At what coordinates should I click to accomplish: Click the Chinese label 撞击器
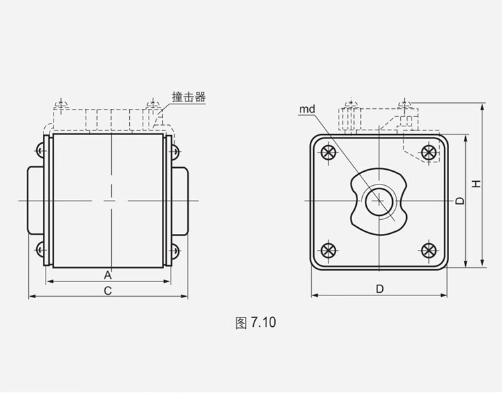pyautogui.click(x=189, y=97)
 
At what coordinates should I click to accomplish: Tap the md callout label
pyautogui.click(x=307, y=110)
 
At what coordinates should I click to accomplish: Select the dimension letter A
pyautogui.click(x=108, y=275)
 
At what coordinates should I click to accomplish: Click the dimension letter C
pyautogui.click(x=108, y=291)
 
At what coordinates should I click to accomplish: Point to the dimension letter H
pyautogui.click(x=477, y=184)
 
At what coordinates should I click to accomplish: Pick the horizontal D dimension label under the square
pyautogui.click(x=380, y=289)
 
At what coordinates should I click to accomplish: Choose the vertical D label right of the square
pyautogui.click(x=460, y=201)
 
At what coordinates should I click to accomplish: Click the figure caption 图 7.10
pyautogui.click(x=256, y=322)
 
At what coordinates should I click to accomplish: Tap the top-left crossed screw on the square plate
pyautogui.click(x=329, y=152)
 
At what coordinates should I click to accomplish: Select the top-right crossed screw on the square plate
pyautogui.click(x=429, y=152)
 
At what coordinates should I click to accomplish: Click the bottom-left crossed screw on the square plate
pyautogui.click(x=329, y=251)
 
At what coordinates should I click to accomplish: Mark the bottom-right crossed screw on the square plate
pyautogui.click(x=429, y=251)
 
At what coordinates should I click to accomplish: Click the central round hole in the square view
pyautogui.click(x=379, y=201)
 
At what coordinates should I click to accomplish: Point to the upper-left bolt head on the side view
pyautogui.click(x=39, y=150)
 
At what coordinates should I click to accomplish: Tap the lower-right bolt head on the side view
pyautogui.click(x=175, y=251)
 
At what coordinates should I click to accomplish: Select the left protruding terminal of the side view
pyautogui.click(x=35, y=201)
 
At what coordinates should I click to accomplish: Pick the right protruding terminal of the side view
pyautogui.click(x=180, y=201)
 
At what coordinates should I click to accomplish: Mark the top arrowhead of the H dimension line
pyautogui.click(x=483, y=106)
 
